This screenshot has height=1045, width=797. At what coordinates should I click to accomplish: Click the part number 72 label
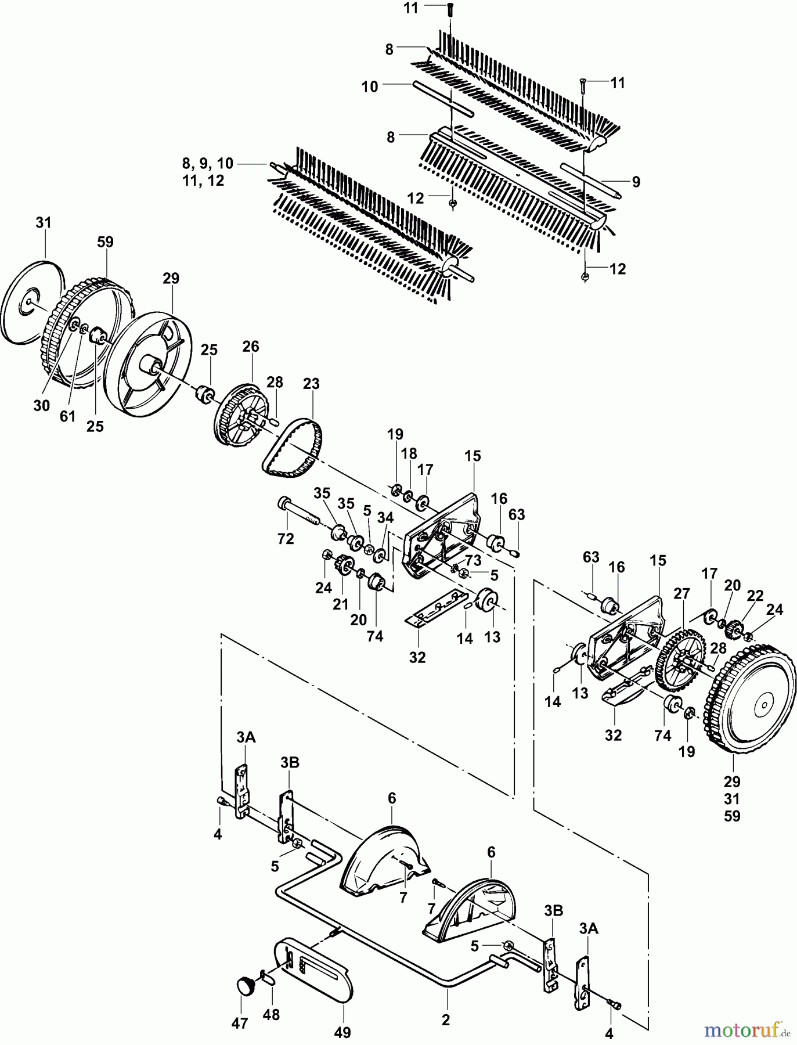[x=286, y=538]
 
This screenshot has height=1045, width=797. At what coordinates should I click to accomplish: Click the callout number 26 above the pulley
[x=251, y=347]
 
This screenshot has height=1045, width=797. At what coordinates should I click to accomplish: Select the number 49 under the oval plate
[x=342, y=1032]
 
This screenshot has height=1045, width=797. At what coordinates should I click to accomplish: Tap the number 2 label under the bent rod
[x=445, y=1020]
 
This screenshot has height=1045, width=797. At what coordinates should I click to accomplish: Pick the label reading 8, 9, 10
[x=207, y=163]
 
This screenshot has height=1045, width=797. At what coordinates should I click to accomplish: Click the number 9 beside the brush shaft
[x=636, y=182]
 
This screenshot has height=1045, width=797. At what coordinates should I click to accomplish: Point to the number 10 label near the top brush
[x=370, y=87]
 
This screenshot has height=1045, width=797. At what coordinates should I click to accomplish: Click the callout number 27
[x=681, y=594]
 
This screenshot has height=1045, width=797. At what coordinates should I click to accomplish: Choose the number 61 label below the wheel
[x=68, y=416]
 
